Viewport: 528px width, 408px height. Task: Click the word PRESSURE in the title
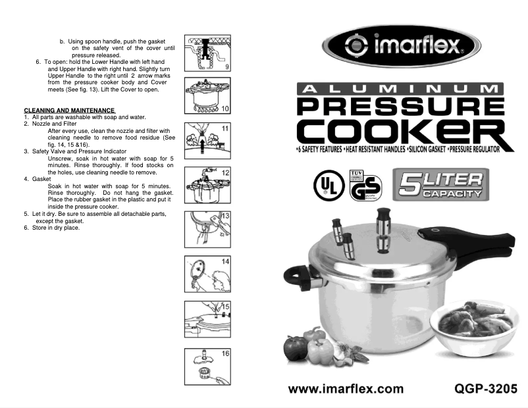[400, 107]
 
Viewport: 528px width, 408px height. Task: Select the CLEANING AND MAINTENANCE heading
[70, 110]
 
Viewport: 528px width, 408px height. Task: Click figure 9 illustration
[207, 53]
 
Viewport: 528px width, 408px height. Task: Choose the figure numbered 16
[207, 365]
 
